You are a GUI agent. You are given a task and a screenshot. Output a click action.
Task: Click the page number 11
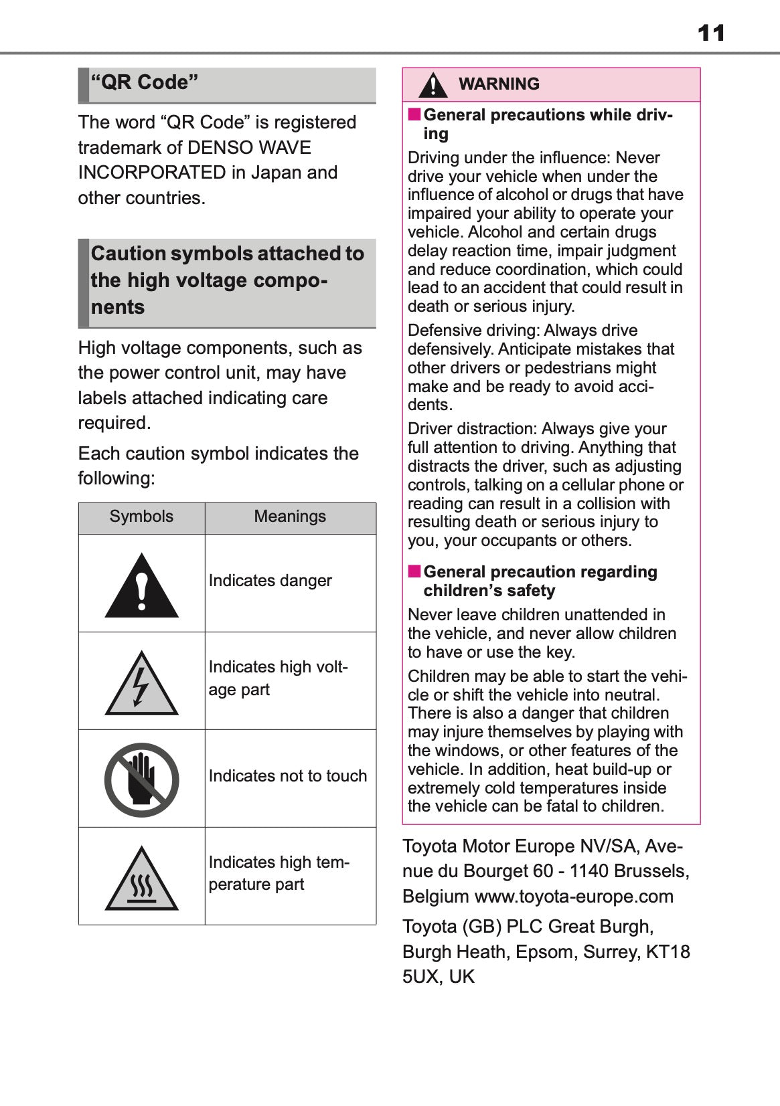[x=710, y=33]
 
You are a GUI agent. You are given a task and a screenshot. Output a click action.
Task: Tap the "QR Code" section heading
[x=145, y=83]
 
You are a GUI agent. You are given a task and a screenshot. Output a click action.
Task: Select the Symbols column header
[x=141, y=517]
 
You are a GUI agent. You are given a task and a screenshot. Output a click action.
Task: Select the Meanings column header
[x=290, y=517]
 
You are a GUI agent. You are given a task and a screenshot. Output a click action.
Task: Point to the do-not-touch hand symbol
[x=141, y=780]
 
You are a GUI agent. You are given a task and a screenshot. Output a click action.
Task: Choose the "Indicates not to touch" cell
[x=288, y=776]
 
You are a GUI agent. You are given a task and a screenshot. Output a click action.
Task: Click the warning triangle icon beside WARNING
[x=433, y=85]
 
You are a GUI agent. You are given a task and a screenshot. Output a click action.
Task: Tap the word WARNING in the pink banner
[x=499, y=84]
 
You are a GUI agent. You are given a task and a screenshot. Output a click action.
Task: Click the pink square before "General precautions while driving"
[x=414, y=114]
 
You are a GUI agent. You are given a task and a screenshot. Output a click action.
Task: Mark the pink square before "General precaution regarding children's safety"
[x=414, y=571]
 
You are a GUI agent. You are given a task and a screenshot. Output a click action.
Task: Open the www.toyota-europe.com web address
[x=574, y=897]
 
